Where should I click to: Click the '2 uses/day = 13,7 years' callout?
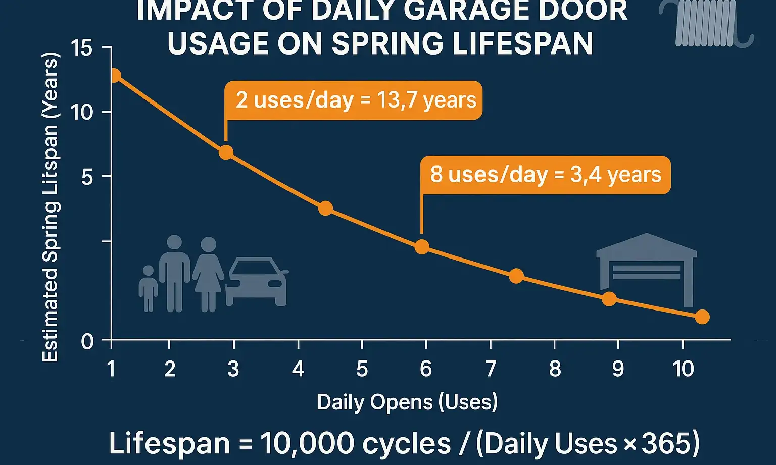tap(354, 100)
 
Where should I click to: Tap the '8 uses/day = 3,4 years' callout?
tap(546, 175)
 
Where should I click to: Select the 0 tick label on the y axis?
tap(87, 342)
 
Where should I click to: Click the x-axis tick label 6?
tap(426, 369)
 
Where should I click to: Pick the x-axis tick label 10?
tap(683, 369)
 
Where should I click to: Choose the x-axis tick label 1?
tap(112, 369)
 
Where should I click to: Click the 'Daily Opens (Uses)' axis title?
tap(407, 402)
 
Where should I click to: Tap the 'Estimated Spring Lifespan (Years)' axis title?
tap(51, 207)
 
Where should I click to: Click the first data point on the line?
tap(115, 76)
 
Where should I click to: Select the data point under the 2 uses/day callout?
tap(226, 152)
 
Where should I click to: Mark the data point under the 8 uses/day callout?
tap(422, 247)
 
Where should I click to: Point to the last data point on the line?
tap(702, 317)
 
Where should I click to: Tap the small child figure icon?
tap(148, 288)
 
